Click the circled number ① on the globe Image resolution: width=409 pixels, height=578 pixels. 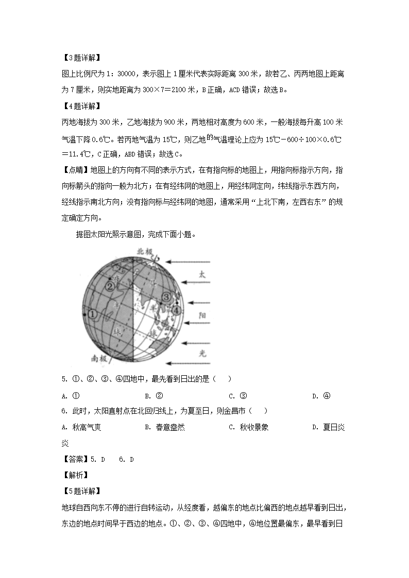click(93, 313)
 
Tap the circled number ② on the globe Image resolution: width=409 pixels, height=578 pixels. click(110, 286)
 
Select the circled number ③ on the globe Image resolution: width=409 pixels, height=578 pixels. click(166, 297)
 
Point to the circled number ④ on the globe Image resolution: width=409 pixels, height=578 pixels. click(177, 310)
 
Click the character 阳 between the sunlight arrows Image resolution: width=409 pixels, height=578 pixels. click(202, 313)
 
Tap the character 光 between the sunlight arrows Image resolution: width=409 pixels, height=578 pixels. click(202, 353)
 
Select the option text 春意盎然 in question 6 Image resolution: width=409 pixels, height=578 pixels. click(169, 427)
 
